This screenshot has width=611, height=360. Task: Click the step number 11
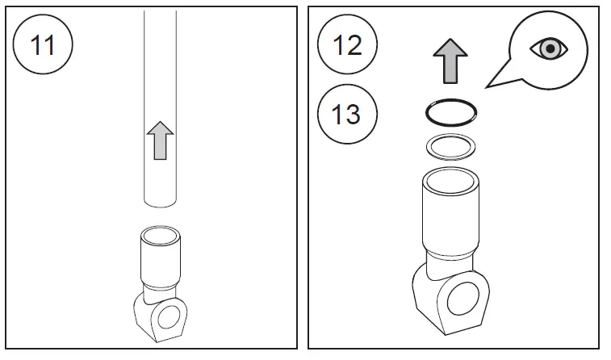click(x=43, y=45)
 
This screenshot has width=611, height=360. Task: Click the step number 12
click(x=347, y=45)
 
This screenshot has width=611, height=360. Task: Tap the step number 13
click(x=346, y=114)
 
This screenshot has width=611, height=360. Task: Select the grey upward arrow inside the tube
click(x=160, y=140)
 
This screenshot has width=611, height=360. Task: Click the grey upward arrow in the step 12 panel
click(x=450, y=61)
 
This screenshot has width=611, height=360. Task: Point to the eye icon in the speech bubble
click(x=549, y=48)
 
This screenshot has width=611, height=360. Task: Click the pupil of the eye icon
click(x=550, y=48)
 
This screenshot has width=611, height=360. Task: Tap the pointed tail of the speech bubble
click(x=488, y=87)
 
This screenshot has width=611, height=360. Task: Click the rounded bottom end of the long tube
click(x=160, y=204)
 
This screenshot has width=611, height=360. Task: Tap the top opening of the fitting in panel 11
click(x=160, y=236)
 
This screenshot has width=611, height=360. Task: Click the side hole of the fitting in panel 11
click(x=169, y=316)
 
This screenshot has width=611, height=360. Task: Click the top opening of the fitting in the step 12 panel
click(x=450, y=182)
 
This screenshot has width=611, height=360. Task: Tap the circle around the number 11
click(x=43, y=15)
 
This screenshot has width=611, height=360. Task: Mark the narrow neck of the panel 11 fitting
click(x=160, y=293)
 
